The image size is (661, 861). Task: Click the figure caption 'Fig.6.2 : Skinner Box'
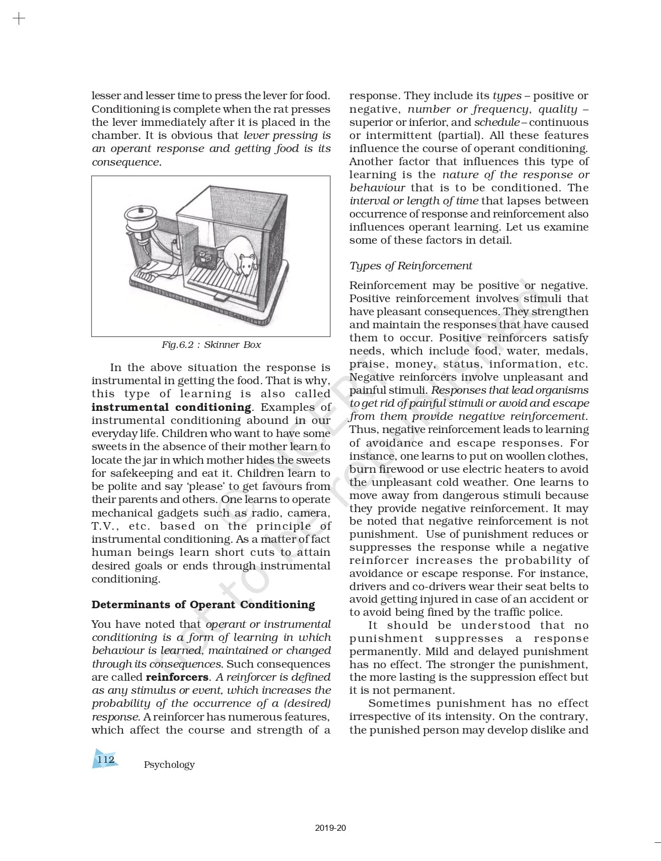coord(211,345)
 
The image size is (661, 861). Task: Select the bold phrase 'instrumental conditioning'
coord(171,407)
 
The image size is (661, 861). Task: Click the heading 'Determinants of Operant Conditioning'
coord(203,605)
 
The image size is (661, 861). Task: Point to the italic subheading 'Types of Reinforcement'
coord(411,266)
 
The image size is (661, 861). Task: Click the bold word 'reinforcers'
coord(177,677)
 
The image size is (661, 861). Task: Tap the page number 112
coord(105,759)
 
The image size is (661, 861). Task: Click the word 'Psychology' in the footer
coord(169,765)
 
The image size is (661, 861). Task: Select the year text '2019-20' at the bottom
coord(330,828)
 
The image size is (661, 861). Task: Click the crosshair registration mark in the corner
coord(19,19)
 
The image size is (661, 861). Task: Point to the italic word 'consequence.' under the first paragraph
coord(126,162)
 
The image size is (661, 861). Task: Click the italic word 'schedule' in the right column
coord(496,122)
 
